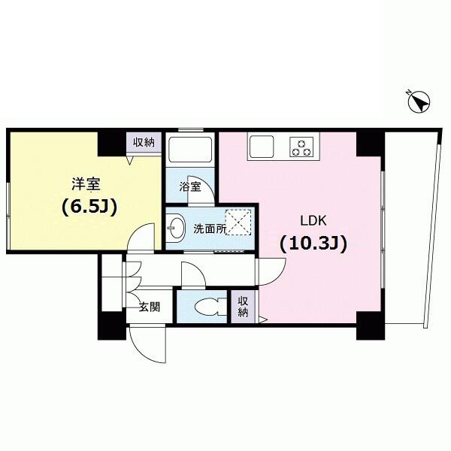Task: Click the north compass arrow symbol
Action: [419, 102]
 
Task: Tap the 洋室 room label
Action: [86, 184]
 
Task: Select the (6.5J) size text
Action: [89, 207]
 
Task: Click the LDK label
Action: [313, 221]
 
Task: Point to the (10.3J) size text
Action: [313, 244]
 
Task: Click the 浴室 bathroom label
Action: [190, 187]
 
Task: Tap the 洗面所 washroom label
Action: [210, 229]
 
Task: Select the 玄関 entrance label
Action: [150, 307]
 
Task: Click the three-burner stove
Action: [301, 147]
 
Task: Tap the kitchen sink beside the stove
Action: [262, 147]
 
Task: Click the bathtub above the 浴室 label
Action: [190, 150]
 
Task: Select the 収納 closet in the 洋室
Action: [144, 143]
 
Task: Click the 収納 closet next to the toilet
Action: [243, 307]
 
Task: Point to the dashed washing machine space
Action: [238, 222]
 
